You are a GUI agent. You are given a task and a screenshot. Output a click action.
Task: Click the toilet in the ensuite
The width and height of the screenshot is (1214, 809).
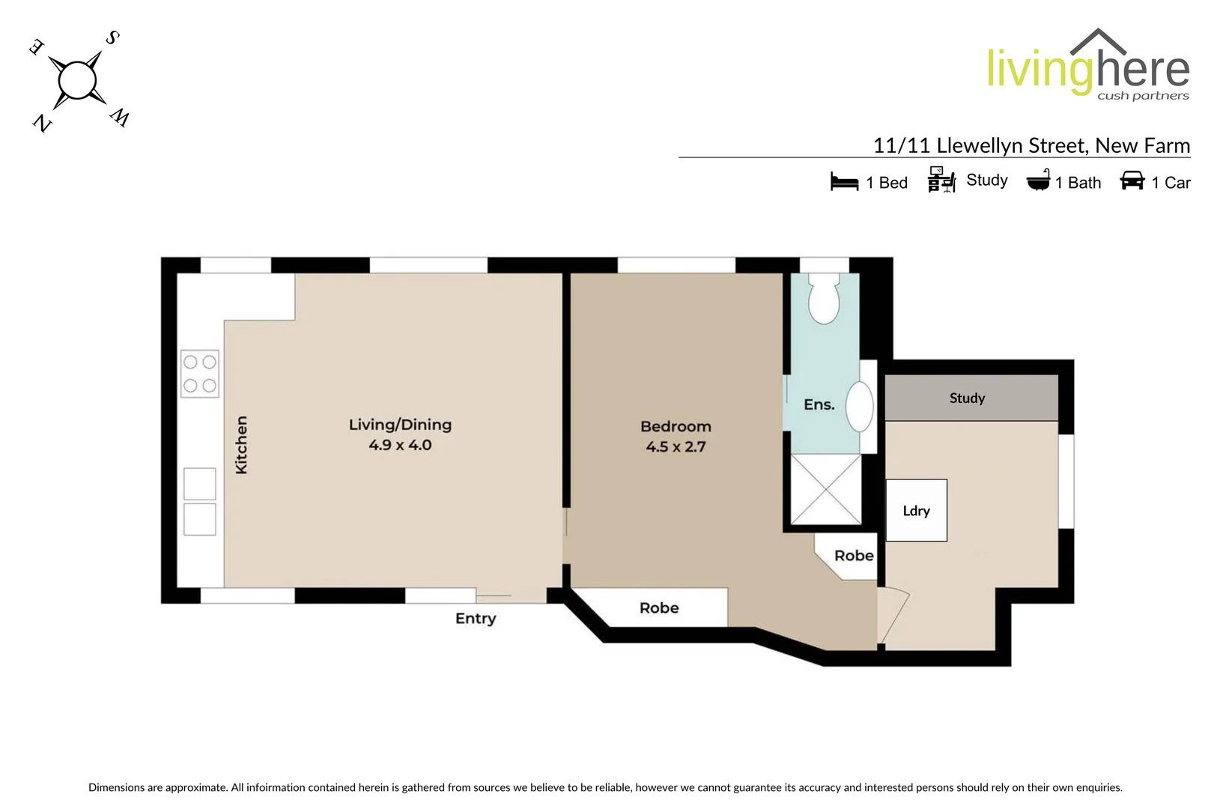point(824,300)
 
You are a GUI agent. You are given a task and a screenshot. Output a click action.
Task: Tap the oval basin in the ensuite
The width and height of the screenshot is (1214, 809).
point(860,407)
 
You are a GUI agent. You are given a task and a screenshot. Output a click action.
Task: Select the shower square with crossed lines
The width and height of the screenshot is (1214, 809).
point(825,489)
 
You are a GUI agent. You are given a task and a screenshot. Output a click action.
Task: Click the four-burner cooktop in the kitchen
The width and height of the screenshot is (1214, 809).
point(200,373)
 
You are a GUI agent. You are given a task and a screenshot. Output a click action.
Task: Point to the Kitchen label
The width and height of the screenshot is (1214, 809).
point(241,445)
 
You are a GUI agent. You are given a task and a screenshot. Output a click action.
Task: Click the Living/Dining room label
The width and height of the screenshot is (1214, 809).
point(400,425)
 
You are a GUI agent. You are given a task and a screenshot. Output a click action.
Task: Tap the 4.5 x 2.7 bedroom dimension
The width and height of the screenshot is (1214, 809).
point(676,447)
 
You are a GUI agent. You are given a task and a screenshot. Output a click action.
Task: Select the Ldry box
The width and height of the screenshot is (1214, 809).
point(916,511)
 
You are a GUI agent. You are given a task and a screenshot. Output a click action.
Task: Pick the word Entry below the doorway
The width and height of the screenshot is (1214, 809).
point(476,619)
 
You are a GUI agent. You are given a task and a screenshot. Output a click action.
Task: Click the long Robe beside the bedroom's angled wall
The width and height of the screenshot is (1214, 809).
point(659,607)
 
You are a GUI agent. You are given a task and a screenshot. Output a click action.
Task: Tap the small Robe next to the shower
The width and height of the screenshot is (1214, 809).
point(853,556)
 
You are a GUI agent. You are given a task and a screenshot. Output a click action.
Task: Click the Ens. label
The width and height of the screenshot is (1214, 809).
point(819,404)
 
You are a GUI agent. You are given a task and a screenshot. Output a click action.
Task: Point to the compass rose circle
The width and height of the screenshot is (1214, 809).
point(77,80)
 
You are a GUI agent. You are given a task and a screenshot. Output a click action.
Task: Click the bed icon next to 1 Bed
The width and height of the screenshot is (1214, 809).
point(844,182)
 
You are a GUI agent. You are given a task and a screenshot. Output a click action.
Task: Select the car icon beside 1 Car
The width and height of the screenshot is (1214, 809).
point(1132,181)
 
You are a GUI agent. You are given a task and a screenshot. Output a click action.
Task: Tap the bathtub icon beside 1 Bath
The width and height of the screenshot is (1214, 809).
point(1038,181)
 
